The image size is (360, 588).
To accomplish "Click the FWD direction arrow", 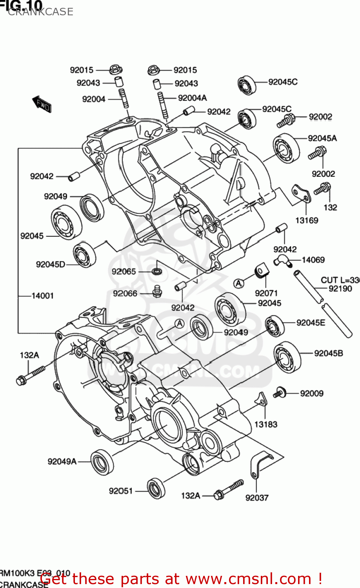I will click(x=42, y=104).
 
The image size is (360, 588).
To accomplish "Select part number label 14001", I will click(x=42, y=296).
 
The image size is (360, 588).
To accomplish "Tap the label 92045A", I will click(x=322, y=138).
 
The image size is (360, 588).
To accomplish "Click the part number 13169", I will click(x=306, y=220).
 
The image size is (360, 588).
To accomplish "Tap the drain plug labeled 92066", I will click(x=157, y=292).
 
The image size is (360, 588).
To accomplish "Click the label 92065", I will click(x=124, y=271).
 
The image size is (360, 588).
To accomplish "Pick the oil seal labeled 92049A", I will click(x=102, y=461).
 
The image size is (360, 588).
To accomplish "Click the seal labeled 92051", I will click(x=156, y=488).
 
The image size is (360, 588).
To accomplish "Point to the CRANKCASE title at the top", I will click(x=40, y=12).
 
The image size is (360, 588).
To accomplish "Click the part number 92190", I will click(x=340, y=289).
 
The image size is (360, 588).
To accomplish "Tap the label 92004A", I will click(x=192, y=98).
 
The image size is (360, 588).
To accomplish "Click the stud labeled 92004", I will click(x=123, y=98).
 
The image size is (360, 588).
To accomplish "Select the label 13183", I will click(x=265, y=424).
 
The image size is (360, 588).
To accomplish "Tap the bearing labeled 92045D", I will click(x=84, y=255).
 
